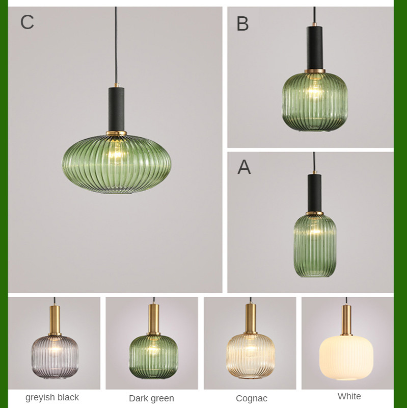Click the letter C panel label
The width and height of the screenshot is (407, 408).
pyautogui.click(x=27, y=22)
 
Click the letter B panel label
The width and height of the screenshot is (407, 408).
pyautogui.click(x=242, y=23)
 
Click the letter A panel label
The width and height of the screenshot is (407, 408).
pyautogui.click(x=244, y=167)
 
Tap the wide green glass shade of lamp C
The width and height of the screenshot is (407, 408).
pyautogui.click(x=117, y=164)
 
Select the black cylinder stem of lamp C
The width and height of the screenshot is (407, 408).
pyautogui.click(x=116, y=109)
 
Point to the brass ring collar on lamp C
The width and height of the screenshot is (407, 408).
pyautogui.click(x=116, y=134)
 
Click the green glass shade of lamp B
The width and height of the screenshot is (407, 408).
pyautogui.click(x=315, y=102)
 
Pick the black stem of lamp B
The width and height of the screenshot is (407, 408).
pyautogui.click(x=315, y=47)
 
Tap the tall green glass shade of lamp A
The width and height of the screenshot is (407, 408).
pyautogui.click(x=315, y=246)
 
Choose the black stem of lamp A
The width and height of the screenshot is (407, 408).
pyautogui.click(x=314, y=193)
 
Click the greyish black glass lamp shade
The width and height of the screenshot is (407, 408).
pyautogui.click(x=55, y=357)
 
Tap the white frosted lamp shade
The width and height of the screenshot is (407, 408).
pyautogui.click(x=346, y=358)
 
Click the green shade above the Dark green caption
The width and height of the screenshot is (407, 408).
pyautogui.click(x=154, y=356)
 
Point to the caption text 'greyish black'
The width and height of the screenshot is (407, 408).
pyautogui.click(x=52, y=397)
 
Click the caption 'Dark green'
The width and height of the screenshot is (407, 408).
pyautogui.click(x=151, y=398)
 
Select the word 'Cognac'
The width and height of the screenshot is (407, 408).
pyautogui.click(x=252, y=398)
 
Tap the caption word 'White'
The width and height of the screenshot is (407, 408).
pyautogui.click(x=349, y=396)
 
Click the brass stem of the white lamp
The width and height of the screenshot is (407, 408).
pyautogui.click(x=346, y=319)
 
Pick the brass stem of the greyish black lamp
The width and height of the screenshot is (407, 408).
pyautogui.click(x=55, y=320)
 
